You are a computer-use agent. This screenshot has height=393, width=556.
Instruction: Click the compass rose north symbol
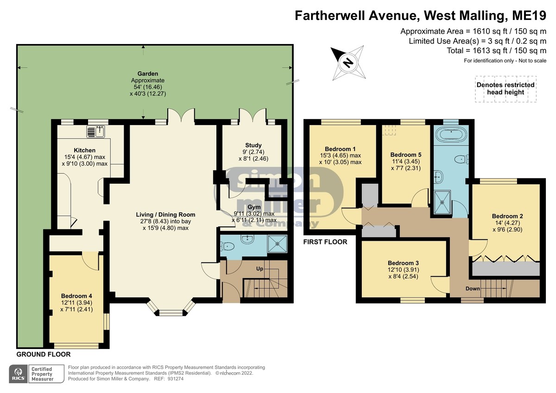348,63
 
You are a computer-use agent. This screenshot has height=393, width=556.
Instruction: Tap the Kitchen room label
85,150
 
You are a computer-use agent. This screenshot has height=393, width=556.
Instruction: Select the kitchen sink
95,131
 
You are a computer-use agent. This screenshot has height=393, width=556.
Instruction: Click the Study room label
253,145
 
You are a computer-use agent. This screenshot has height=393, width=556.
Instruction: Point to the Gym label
254,207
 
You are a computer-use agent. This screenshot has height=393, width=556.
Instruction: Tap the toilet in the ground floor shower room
227,246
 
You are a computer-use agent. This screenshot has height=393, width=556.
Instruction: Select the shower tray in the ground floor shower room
277,244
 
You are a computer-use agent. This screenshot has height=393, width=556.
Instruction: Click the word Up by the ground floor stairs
259,269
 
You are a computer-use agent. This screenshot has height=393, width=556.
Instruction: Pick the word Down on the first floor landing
473,288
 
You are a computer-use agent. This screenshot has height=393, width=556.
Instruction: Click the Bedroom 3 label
404,263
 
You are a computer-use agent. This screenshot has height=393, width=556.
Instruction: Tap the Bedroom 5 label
406,155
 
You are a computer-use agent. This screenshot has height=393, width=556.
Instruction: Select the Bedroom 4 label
76,296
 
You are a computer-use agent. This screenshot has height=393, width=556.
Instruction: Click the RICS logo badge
19,374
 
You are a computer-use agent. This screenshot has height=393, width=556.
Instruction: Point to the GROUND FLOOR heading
44,354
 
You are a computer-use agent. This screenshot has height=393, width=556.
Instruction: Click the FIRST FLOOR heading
325,242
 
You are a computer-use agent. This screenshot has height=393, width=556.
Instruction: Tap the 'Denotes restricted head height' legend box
505,89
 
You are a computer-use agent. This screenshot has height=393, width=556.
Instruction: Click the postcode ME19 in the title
529,16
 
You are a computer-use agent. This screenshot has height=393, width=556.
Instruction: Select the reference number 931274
176,379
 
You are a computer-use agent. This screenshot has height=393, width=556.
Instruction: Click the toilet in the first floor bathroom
461,159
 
